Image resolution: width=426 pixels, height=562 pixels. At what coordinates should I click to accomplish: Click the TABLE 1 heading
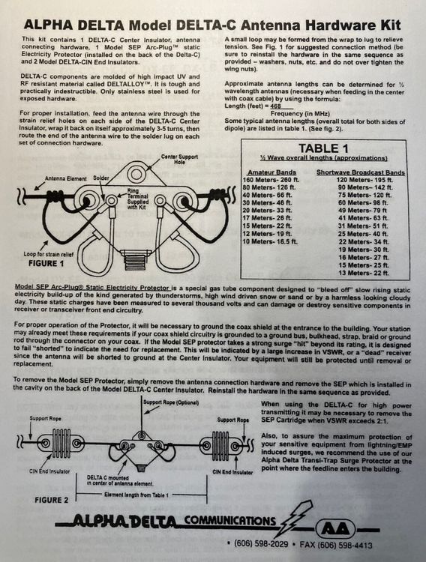coord(323,148)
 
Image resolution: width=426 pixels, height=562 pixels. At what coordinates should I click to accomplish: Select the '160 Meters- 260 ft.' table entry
coord(271,180)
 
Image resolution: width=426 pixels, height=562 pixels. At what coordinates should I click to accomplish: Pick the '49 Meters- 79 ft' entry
coord(362,211)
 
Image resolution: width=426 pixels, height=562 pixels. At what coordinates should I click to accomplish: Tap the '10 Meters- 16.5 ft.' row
coord(270,241)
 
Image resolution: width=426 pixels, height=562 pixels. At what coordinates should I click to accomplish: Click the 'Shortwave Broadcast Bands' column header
coord(361,172)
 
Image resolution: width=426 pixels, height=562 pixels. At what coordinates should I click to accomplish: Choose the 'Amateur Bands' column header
coord(271,172)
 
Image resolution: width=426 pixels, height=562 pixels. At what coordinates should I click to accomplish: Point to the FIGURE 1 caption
coord(46,263)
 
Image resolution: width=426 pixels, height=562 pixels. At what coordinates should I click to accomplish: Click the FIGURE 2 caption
coord(51,500)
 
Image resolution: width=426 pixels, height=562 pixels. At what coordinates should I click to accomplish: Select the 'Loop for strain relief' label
coord(49,254)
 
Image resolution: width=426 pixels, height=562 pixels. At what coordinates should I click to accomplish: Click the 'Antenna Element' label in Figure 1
coord(66,178)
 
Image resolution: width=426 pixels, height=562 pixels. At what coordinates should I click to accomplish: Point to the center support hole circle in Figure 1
coord(136,175)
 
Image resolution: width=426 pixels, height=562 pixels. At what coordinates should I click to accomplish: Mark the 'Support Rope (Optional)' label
coord(171,402)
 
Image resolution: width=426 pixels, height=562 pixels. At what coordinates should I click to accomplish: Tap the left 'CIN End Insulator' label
coord(49,471)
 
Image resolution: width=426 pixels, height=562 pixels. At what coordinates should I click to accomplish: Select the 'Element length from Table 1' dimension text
coord(136,495)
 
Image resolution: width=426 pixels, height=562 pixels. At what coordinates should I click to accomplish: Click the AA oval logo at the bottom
coord(335,529)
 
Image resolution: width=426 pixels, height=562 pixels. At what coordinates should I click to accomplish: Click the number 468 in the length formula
coord(276,106)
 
